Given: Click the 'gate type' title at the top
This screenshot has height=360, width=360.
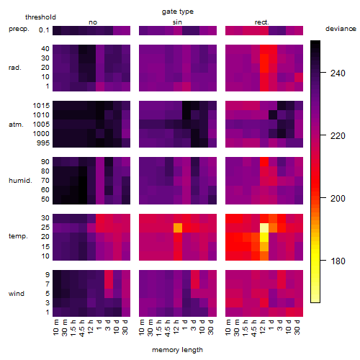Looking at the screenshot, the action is pos(178,12).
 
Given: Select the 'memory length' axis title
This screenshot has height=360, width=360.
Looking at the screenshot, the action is pos(178,350).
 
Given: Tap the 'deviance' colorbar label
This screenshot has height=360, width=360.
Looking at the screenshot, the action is pos(341,29).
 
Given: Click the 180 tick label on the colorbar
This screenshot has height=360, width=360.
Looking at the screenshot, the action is pos(338,261).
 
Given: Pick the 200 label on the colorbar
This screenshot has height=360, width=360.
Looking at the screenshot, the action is pos(338,199).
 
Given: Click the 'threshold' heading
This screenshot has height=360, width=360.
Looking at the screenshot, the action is pos(40,17).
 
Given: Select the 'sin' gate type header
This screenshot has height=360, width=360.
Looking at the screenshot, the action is pos(177,22).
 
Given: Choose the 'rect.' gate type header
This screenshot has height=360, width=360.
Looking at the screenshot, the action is pos(261,22).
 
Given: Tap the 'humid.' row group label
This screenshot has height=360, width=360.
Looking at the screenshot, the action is pos(20,181).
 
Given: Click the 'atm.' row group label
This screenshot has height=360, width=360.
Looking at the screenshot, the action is pos(16,125).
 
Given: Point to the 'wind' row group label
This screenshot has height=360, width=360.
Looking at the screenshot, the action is pos(17,294).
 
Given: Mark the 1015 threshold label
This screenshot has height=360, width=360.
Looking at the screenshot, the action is pos(41,106).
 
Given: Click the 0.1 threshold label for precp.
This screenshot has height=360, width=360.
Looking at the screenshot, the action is pos(44,30).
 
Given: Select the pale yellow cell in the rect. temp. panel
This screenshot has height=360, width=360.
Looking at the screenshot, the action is pos(264,228).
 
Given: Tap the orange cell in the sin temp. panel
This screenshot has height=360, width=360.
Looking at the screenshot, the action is pos(178,228).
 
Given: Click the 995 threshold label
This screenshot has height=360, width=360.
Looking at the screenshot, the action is pos(43,143).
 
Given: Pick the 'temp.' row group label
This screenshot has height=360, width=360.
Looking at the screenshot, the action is pos(18,236).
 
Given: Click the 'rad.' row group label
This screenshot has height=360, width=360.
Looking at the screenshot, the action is pos(15,68).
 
